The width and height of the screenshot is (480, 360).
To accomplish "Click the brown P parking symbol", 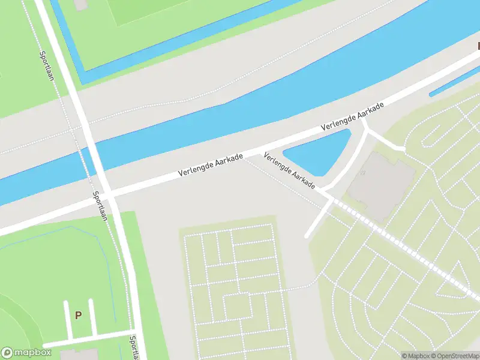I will coord(78,314).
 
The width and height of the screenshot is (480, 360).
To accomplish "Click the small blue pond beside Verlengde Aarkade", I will coord(318,154).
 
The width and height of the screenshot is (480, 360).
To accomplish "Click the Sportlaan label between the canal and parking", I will coord(100,206).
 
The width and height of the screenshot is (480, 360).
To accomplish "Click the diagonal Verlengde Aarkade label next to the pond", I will coord(290,170).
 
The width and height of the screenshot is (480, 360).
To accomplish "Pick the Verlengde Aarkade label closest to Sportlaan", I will coord(211,165).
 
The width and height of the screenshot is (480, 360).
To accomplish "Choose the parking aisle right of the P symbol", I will coord(92,317).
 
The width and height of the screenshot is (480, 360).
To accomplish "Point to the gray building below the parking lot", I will coord(75,355).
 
